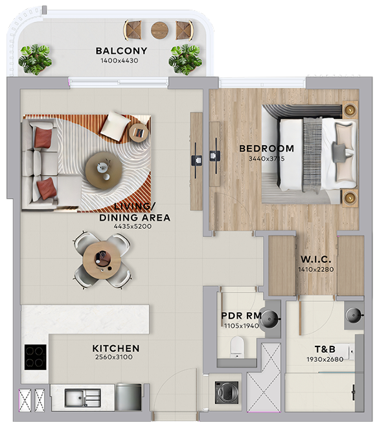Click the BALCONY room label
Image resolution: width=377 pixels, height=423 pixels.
click(x=121, y=51)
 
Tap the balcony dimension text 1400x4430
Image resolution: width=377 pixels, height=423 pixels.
click(x=119, y=61)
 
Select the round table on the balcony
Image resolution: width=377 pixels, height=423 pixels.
click(x=160, y=30)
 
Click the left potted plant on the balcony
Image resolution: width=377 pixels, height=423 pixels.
click(x=35, y=59)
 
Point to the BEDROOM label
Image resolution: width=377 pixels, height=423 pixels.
click(x=267, y=149)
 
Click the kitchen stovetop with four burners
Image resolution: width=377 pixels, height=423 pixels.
click(x=35, y=357)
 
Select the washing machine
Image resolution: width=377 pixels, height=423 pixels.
click(x=227, y=393)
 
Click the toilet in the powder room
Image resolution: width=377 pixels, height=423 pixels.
click(x=237, y=347)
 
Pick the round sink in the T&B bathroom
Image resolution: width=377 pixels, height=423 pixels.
click(x=354, y=315)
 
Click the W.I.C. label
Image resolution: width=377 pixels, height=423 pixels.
click(x=315, y=260)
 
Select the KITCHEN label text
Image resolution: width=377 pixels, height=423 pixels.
click(x=116, y=348)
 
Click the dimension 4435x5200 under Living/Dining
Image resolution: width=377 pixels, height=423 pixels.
click(x=133, y=226)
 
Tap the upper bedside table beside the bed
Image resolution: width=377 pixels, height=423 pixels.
click(x=350, y=109)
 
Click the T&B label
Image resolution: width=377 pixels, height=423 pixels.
click(x=325, y=349)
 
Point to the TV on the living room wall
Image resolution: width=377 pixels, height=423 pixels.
click(x=196, y=160)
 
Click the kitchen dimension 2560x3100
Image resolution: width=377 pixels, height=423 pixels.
click(x=113, y=357)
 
